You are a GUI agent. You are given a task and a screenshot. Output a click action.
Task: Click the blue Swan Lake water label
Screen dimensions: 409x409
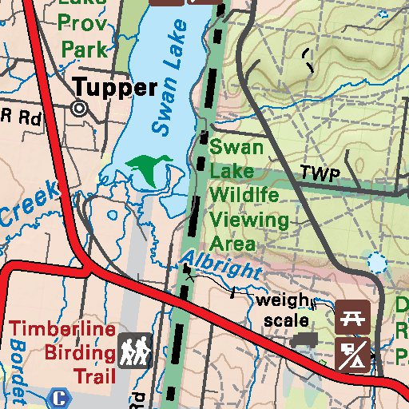click(x=169, y=78)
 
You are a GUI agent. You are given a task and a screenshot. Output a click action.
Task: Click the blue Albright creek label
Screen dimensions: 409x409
click(x=221, y=264)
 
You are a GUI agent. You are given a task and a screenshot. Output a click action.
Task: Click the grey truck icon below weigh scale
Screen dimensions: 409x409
click(x=304, y=340)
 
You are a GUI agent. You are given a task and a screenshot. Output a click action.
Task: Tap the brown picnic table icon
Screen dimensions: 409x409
click(x=351, y=317)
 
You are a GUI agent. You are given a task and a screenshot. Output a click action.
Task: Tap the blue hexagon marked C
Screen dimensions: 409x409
click(x=58, y=396)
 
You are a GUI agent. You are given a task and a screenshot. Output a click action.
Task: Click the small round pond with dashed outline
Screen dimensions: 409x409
click(x=375, y=260)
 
